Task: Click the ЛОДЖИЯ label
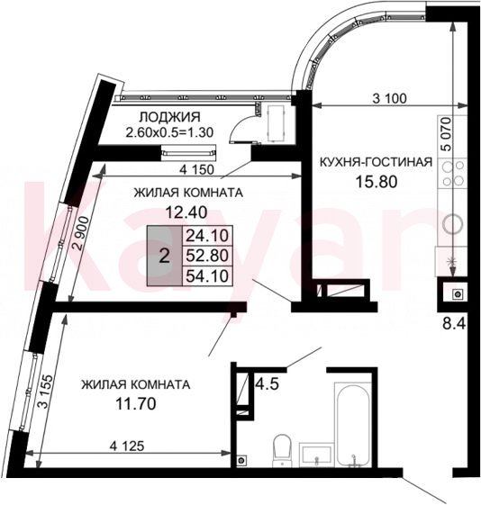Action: click(169, 117)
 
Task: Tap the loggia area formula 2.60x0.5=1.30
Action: click(169, 132)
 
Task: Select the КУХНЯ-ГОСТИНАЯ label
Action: click(376, 162)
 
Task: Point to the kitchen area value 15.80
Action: click(376, 181)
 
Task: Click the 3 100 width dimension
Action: click(389, 98)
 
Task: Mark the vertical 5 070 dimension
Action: click(446, 134)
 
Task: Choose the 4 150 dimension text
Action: click(196, 169)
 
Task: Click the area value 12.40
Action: click(186, 212)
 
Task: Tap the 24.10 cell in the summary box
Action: click(207, 236)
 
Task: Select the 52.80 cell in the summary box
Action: click(207, 256)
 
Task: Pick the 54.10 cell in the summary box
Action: click(207, 275)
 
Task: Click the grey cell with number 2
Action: click(165, 256)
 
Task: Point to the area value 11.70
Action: click(136, 403)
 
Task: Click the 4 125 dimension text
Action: click(127, 446)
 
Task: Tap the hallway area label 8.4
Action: click(454, 323)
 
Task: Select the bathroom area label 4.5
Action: click(267, 383)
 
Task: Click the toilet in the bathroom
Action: click(282, 450)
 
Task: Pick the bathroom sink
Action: click(315, 455)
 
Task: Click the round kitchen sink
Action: click(452, 223)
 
